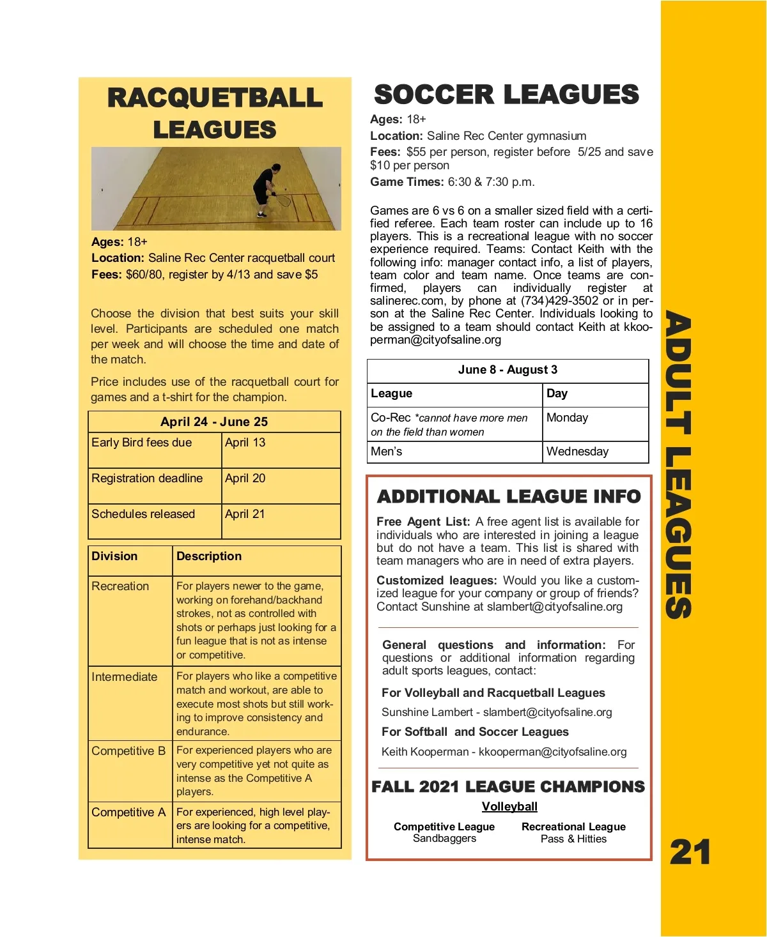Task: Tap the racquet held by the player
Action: [x=283, y=201]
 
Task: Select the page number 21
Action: [x=690, y=852]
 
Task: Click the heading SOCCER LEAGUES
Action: [x=506, y=95]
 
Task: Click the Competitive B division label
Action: [x=128, y=751]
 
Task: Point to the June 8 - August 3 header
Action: [x=507, y=370]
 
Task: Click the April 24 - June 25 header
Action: [x=214, y=422]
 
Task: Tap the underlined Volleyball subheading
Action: [x=509, y=807]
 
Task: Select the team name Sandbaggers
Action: [x=444, y=839]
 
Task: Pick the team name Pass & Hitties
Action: [x=573, y=839]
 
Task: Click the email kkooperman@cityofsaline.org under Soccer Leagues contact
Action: [x=552, y=752]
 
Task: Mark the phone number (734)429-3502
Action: [x=559, y=301]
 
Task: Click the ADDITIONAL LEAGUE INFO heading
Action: [x=509, y=496]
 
